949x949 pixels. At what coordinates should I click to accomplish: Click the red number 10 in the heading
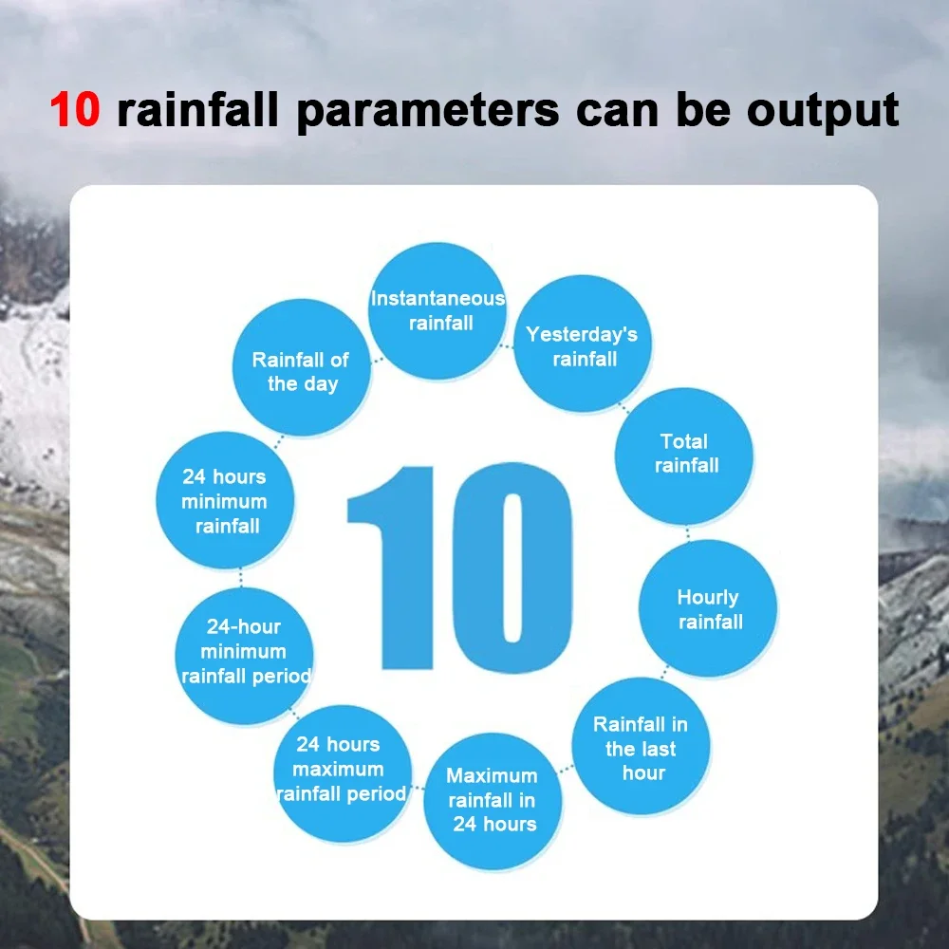[75, 109]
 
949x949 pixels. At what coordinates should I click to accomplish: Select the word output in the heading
[823, 111]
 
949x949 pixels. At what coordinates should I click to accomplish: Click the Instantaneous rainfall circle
[437, 311]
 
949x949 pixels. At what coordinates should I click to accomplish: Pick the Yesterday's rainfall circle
[583, 344]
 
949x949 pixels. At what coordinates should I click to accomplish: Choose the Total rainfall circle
[684, 456]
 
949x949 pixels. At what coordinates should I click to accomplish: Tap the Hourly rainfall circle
[708, 608]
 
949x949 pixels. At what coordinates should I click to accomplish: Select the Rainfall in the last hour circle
[641, 746]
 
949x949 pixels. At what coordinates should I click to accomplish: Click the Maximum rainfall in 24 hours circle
[493, 801]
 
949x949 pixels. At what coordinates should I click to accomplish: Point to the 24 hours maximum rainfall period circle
[343, 773]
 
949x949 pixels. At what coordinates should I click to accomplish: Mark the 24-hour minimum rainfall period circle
[245, 656]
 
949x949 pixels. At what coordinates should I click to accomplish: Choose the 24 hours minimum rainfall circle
[225, 500]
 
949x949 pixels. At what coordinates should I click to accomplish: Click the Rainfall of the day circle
[302, 367]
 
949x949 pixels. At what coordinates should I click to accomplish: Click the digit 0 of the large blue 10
[512, 568]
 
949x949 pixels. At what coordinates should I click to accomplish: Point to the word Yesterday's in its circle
[582, 335]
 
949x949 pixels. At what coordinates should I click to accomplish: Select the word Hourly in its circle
[708, 598]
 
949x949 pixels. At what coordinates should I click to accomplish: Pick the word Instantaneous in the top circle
[437, 298]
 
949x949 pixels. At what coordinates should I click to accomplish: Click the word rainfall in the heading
[197, 110]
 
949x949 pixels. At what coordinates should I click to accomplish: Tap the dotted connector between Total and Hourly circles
[687, 532]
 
